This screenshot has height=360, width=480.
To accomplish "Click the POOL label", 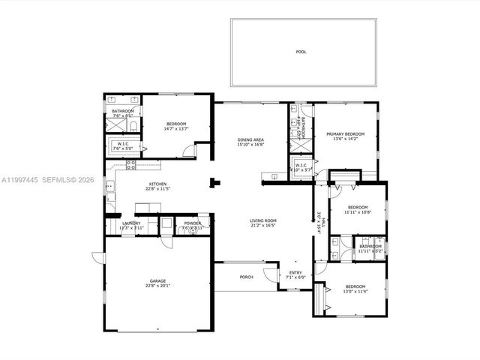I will coord(301,52).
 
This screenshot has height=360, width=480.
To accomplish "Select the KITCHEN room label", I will coord(157,184).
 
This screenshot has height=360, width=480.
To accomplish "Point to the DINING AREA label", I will coord(250,139).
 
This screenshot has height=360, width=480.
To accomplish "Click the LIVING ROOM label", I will coord(263,220).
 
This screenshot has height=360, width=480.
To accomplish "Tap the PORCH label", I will coord(246,277).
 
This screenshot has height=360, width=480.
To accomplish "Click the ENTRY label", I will coord(295,273).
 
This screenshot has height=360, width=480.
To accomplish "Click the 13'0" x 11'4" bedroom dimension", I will coord(355,291).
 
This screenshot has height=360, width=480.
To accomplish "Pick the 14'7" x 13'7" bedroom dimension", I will coord(176,128).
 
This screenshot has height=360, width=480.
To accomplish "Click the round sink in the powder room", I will coord(193,232).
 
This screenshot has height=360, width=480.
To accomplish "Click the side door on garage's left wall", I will coord(97,257).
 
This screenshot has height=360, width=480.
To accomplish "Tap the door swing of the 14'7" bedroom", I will coord(190,151).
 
